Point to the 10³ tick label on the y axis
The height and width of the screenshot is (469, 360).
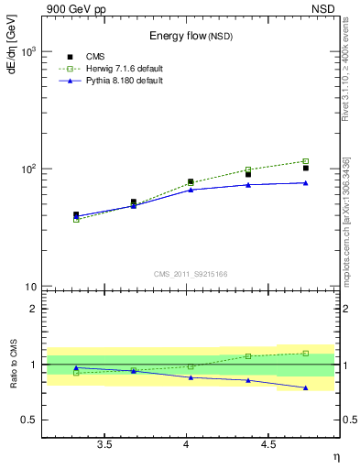29,51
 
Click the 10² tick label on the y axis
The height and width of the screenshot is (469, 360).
29,169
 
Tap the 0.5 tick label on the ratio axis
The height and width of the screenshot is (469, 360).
29,420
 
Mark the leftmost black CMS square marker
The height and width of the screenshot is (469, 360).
76,214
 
